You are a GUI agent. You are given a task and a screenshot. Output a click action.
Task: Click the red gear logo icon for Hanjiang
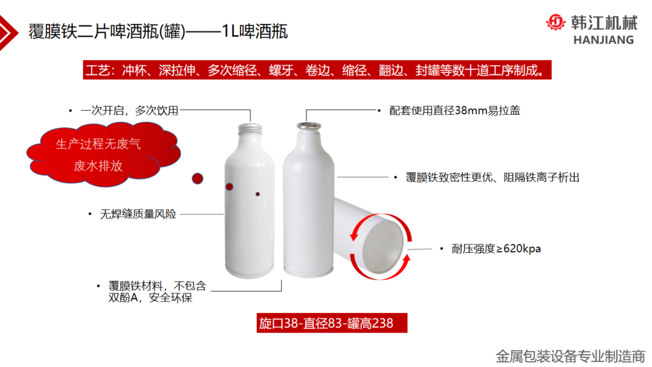pyautogui.click(x=556, y=22)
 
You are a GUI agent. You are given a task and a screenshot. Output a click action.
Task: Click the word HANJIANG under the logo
pyautogui.click(x=604, y=40)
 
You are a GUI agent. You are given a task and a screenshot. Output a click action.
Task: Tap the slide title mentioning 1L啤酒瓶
pyautogui.click(x=158, y=31)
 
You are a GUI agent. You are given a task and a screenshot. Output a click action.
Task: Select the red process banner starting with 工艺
pyautogui.click(x=318, y=70)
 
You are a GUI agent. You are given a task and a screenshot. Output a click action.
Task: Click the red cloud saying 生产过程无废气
pyautogui.click(x=104, y=154)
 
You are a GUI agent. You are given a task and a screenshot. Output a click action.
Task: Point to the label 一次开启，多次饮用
pyautogui.click(x=129, y=111)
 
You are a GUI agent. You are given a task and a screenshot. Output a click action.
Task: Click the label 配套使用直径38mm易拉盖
pyautogui.click(x=454, y=111)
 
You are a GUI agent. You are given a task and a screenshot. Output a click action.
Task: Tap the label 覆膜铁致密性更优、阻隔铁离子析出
pyautogui.click(x=492, y=177)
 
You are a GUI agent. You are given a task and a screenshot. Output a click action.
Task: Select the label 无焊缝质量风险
pyautogui.click(x=138, y=214)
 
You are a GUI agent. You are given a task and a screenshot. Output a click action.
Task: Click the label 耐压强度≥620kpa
pyautogui.click(x=496, y=248)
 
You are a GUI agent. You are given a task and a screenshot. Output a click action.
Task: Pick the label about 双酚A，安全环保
pyautogui.click(x=157, y=291)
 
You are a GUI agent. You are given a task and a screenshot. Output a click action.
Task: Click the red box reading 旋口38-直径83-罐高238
pyautogui.click(x=332, y=323)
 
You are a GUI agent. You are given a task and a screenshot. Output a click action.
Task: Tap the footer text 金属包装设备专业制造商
pyautogui.click(x=570, y=356)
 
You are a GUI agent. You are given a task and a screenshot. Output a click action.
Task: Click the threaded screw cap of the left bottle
pyautogui.click(x=250, y=129)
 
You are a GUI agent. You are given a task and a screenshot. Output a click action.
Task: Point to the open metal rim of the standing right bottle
pyautogui.click(x=308, y=126)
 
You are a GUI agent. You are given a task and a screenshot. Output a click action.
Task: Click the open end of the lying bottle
pyautogui.click(x=383, y=246)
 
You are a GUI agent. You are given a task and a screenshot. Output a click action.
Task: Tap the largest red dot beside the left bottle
pyautogui.click(x=198, y=179)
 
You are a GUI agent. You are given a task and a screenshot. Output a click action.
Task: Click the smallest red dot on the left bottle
pyautogui.click(x=258, y=194)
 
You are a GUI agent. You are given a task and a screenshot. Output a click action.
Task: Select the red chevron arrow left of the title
pyautogui.click(x=8, y=33)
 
